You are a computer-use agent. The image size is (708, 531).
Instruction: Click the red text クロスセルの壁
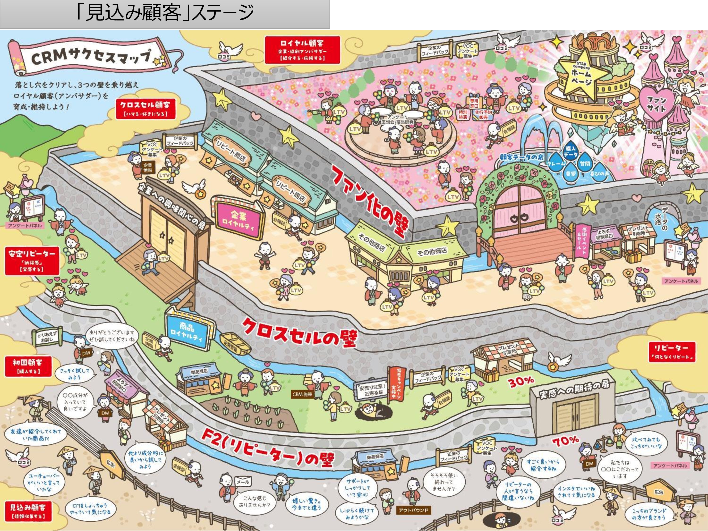(299, 333)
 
